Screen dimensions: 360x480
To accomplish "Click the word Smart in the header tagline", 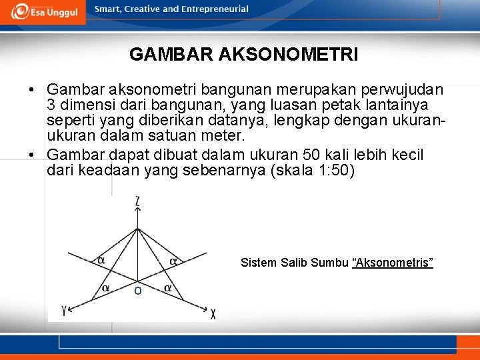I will [x=107, y=9].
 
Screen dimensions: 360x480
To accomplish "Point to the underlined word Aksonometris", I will [x=393, y=263].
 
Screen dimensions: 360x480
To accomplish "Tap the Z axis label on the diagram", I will [x=137, y=201].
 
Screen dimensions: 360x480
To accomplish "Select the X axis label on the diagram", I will [x=213, y=313].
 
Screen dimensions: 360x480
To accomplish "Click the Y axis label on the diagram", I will [x=63, y=310].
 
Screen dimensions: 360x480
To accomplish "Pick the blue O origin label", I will [x=137, y=291].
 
